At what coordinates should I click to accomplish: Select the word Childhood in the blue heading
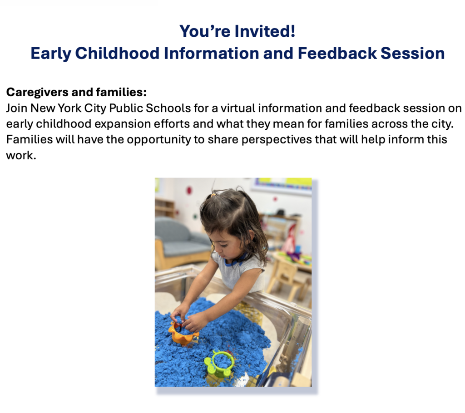pos(117,53)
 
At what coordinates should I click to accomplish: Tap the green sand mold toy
pos(219,364)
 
